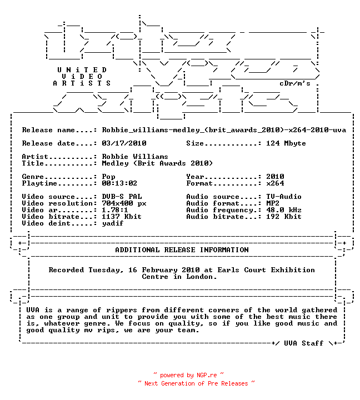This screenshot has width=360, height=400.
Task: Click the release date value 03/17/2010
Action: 124,143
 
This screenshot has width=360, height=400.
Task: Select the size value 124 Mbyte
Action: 286,143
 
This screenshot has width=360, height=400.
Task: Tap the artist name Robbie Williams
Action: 135,156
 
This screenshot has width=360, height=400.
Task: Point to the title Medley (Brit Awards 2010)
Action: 157,163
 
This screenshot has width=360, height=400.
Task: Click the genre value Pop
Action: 108,177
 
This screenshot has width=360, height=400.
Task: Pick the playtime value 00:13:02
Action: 119,183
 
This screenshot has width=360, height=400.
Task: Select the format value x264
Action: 275,183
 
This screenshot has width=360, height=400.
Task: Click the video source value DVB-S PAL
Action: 122,197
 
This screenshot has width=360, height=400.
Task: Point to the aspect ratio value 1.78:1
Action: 115,209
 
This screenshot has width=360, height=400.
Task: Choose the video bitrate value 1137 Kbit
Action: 122,216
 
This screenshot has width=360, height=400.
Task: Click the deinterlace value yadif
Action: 113,223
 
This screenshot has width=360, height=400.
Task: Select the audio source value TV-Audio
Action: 284,197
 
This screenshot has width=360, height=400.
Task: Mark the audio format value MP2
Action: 272,203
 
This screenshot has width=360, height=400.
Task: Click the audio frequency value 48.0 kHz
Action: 284,209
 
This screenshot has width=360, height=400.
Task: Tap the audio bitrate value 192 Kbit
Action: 284,216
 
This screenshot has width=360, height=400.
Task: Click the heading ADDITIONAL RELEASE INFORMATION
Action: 182,250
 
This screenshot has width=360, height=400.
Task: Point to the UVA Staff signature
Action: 304,343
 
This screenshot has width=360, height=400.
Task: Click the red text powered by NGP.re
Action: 188,375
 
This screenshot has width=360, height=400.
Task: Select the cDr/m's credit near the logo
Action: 295,83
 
